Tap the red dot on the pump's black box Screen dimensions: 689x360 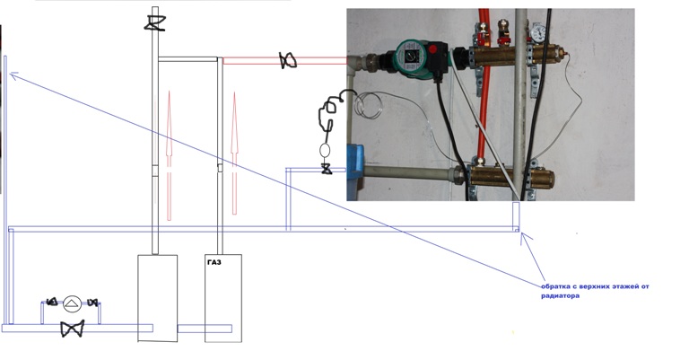pos(433,49)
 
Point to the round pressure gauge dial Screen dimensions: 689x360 pos(538,33)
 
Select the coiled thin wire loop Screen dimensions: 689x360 pos(368,105)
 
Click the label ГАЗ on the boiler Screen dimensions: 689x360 pos(214,262)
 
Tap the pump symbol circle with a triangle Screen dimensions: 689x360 pos(73,303)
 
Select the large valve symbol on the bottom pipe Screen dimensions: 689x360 pos(73,329)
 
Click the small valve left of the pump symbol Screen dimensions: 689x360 pos(52,302)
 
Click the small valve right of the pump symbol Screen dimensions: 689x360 pos(92,303)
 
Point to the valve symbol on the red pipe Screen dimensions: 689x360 pos(288,61)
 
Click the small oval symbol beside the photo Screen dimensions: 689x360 pos(325,150)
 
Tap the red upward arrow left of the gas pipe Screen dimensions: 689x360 pos(169,155)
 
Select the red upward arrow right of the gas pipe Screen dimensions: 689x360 pos(234,153)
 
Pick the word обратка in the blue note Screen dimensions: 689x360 pos(554,286)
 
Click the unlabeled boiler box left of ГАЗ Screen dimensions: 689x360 pos(158,297)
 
